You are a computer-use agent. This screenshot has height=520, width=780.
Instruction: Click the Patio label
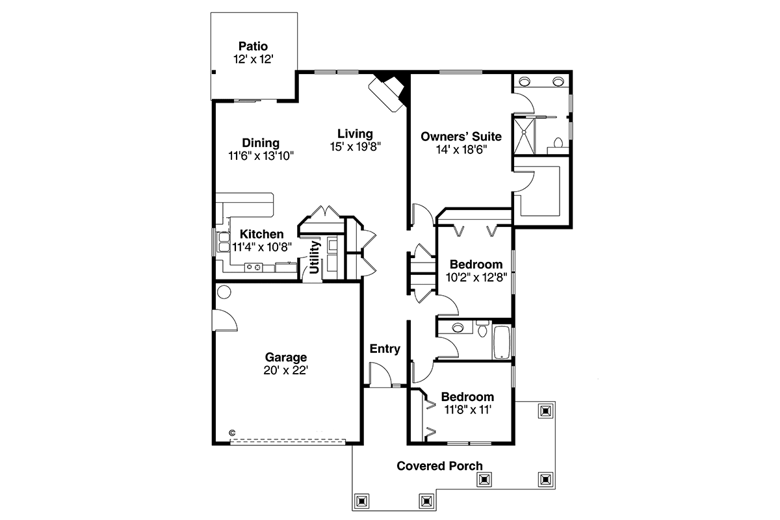click(x=253, y=46)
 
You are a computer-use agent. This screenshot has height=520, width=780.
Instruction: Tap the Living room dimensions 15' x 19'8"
click(x=356, y=147)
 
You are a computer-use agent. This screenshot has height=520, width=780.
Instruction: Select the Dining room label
click(x=261, y=143)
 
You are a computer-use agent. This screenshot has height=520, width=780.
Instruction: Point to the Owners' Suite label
click(x=461, y=136)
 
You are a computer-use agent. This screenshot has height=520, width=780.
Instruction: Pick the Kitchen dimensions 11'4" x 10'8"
click(x=262, y=247)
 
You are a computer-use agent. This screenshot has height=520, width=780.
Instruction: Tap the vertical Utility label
click(x=314, y=257)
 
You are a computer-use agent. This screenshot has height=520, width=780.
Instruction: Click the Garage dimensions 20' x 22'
click(x=286, y=370)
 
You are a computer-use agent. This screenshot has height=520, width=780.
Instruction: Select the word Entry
click(x=385, y=348)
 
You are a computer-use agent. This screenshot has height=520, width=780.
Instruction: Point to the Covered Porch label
click(x=440, y=466)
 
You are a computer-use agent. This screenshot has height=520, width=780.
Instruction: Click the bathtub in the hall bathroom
click(x=501, y=342)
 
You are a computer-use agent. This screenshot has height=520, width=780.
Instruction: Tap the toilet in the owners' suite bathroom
click(x=558, y=144)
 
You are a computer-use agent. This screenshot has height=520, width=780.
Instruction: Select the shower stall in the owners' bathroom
click(x=524, y=136)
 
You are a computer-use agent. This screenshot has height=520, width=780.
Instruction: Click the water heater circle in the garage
click(x=224, y=292)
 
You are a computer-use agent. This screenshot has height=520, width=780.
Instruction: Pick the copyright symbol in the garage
click(x=232, y=433)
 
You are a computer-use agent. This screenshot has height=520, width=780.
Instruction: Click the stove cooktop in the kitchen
click(x=253, y=267)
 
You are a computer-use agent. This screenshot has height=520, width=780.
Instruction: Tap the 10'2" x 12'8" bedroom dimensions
click(x=476, y=278)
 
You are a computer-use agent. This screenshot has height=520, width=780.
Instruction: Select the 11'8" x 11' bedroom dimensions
click(x=467, y=410)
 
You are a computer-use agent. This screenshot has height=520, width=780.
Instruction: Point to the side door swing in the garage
click(x=226, y=320)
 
